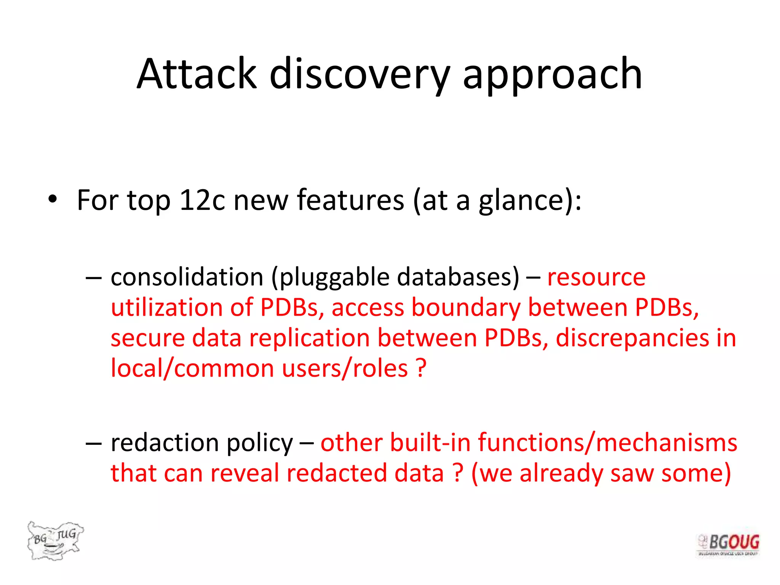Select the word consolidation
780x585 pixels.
point(187,277)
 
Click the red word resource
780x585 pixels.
point(596,277)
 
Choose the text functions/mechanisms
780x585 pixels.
point(607,443)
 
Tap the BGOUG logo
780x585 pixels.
point(728,545)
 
